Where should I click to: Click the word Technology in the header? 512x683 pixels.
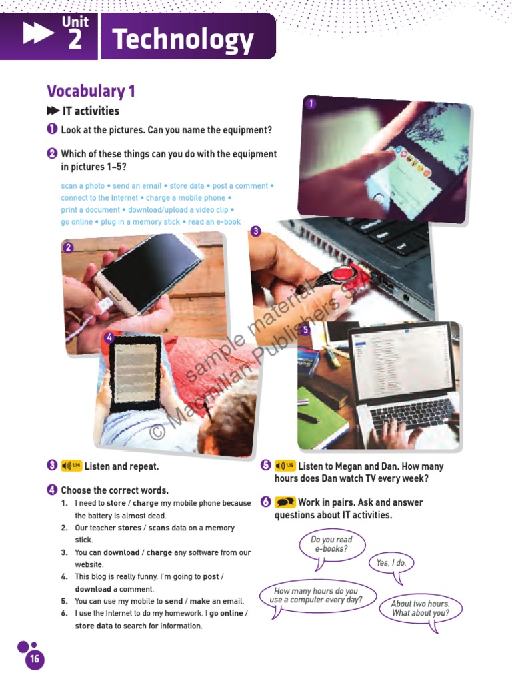tap(183, 41)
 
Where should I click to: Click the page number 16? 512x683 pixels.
tap(34, 660)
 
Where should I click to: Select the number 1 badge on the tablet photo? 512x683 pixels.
tap(311, 103)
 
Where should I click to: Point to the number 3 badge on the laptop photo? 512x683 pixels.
tap(255, 231)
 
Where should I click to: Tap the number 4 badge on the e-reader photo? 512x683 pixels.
tap(109, 337)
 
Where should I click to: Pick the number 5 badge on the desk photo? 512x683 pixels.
tap(305, 330)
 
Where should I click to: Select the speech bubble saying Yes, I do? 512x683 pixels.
tap(391, 563)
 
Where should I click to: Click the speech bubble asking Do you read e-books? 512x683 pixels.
tap(331, 544)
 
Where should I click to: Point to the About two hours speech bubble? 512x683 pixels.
tap(420, 608)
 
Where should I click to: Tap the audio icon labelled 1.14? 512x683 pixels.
tap(71, 466)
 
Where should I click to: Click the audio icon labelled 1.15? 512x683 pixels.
tap(285, 466)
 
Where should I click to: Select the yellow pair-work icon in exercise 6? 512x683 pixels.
tap(285, 502)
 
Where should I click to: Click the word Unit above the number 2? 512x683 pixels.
tap(75, 22)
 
